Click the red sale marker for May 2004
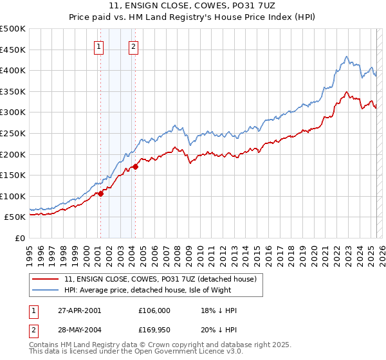pos(136,167)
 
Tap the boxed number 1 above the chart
pos(99,46)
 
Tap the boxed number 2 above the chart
pos(133,46)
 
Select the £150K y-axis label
pos(13,175)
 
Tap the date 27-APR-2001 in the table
pos(78,310)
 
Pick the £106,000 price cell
pos(154,310)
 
